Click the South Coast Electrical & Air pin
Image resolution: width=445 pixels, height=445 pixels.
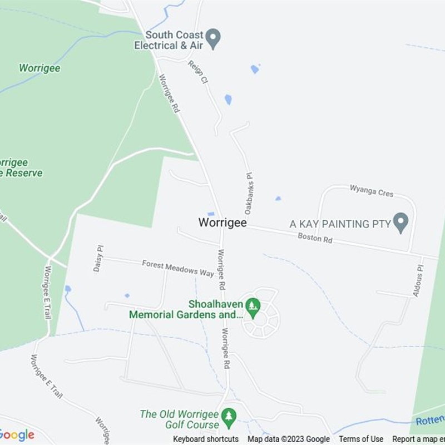coord(212,38)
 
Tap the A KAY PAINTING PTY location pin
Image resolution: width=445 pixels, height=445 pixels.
coord(400,222)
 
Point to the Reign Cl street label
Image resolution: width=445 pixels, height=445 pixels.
coord(198,72)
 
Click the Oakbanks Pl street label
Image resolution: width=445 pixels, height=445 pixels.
coord(249,193)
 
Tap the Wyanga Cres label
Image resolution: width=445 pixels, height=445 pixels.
coord(371,191)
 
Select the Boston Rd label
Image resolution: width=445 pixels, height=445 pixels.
coord(315,238)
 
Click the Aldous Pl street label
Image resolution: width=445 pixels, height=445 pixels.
coord(418,280)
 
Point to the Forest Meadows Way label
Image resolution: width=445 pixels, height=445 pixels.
coord(178,268)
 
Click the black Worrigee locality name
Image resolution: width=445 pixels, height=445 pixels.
coord(222,222)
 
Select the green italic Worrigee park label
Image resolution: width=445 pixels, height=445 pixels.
coord(39,68)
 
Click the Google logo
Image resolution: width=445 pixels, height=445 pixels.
coord(17,435)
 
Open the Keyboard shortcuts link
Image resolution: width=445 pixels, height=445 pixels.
coord(206,439)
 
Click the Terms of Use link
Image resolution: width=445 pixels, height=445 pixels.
coord(361,439)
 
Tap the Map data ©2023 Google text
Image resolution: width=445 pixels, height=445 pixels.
coord(289,439)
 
